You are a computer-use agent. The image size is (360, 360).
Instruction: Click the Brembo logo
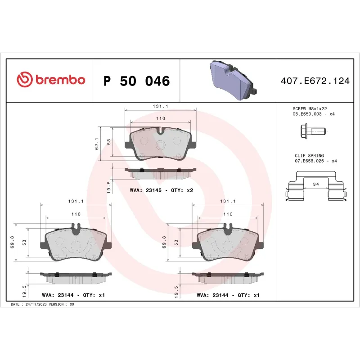pyautogui.click(x=50, y=80)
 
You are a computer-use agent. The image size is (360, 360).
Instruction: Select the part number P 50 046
pyautogui.click(x=136, y=81)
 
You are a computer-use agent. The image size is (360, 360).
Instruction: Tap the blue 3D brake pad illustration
pyautogui.click(x=232, y=80)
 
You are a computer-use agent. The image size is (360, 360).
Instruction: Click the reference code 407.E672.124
pyautogui.click(x=315, y=81)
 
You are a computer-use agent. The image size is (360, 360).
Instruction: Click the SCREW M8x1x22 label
pyautogui.click(x=309, y=109)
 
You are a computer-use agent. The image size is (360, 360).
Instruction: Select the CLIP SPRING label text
pyautogui.click(x=309, y=156)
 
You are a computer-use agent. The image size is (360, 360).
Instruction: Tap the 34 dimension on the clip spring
pyautogui.click(x=315, y=184)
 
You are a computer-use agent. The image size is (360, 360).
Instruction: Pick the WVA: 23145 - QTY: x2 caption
pyautogui.click(x=161, y=190)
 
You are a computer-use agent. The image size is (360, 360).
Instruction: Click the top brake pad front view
pyautogui.click(x=161, y=143)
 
